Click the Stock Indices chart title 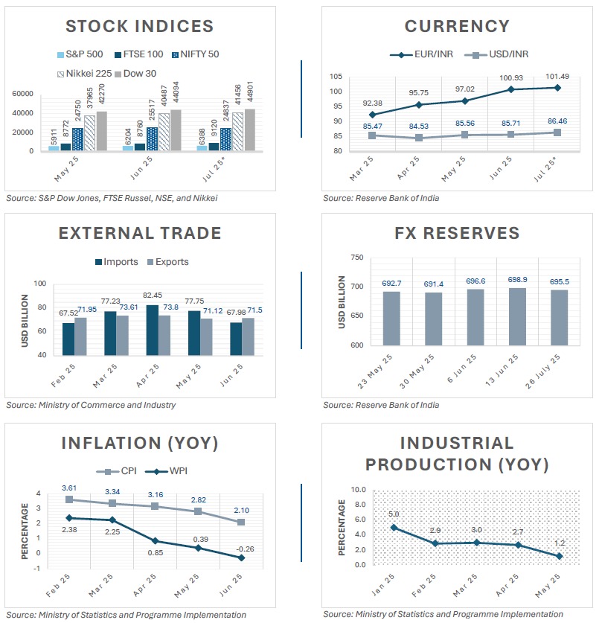(140, 27)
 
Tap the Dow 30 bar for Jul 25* (229, 130)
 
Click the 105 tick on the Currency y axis (334, 77)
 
